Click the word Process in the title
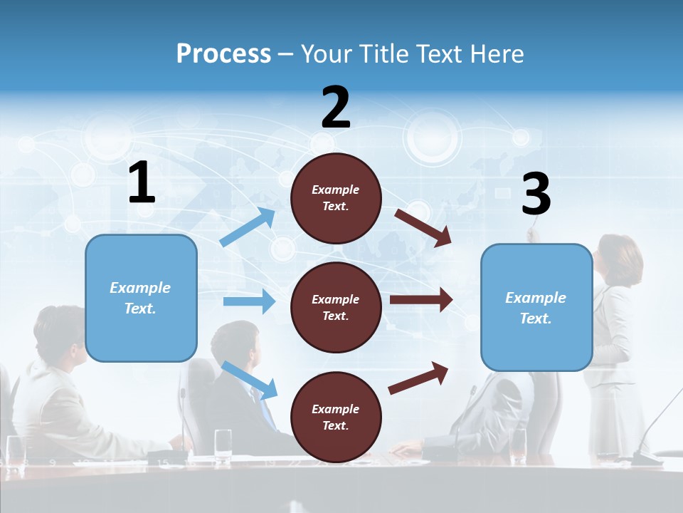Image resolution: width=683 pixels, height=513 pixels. [223, 53]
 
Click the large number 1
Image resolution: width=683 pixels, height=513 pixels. [142, 183]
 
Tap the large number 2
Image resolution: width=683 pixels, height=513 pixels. [336, 108]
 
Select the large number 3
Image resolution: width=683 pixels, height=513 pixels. [536, 194]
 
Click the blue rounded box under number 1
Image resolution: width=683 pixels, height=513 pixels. [141, 298]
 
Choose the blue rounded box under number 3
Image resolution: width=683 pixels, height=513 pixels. [536, 307]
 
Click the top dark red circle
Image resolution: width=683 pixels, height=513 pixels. [336, 198]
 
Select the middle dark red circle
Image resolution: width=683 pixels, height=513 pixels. [336, 307]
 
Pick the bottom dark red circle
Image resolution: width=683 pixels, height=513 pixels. [336, 417]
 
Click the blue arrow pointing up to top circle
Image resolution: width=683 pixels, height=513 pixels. [248, 227]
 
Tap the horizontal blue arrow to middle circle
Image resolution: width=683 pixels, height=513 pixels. [249, 301]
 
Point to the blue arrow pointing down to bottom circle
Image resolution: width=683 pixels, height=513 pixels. [249, 379]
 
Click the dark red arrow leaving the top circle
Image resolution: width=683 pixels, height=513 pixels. [423, 227]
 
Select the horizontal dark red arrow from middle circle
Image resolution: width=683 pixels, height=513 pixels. [420, 300]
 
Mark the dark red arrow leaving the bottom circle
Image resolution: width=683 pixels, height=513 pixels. [418, 378]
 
